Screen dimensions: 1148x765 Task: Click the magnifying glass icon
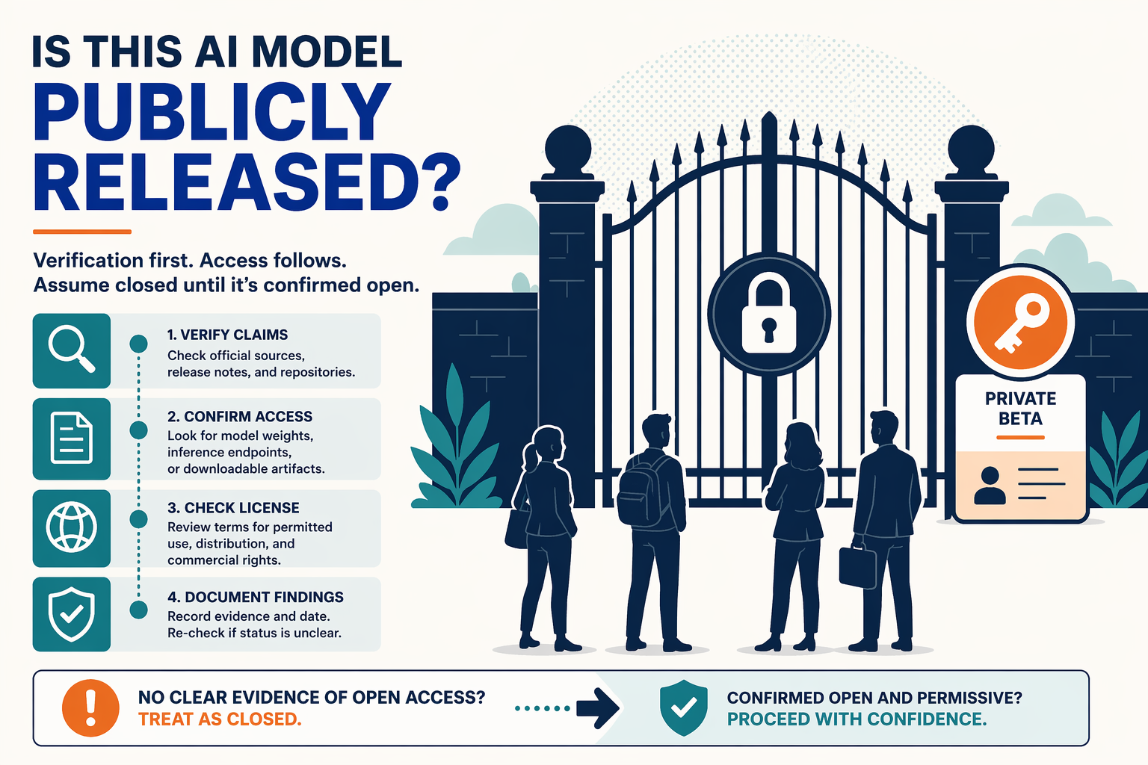point(71,350)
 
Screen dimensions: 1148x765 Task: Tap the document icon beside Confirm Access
point(71,438)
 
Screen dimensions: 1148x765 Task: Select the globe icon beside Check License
point(71,527)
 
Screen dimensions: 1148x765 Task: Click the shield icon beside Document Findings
point(71,614)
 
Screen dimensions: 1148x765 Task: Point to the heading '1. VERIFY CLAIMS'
point(227,335)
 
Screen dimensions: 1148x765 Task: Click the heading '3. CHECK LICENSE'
point(233,508)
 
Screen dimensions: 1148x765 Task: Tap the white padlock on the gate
point(769,314)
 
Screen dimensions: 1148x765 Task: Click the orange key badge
point(1020,322)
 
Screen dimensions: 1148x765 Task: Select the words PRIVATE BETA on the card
point(1020,409)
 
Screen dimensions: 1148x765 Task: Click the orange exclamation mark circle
point(90,708)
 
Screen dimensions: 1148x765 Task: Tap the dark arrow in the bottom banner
point(598,709)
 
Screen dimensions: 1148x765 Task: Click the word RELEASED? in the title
point(247,182)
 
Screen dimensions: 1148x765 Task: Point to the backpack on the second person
point(643,490)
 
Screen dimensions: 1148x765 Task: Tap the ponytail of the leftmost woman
point(529,457)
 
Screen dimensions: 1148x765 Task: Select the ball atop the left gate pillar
point(568,149)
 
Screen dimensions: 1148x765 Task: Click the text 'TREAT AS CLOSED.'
point(220,719)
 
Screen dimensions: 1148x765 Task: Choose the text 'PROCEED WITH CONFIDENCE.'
point(857,719)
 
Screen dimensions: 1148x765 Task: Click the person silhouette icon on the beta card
point(990,486)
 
